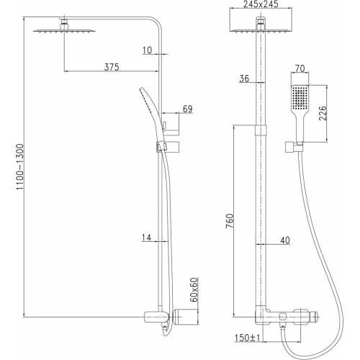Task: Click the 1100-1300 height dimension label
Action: tap(20, 167)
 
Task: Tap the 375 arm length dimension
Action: tap(112, 67)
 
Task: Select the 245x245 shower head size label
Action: tap(261, 4)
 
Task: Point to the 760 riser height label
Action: tap(230, 221)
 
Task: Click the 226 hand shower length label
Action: tap(323, 113)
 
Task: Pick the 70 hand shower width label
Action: tap(300, 68)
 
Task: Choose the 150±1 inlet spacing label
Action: tap(247, 338)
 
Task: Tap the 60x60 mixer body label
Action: tap(194, 289)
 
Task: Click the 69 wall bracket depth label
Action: tap(188, 109)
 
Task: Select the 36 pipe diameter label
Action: tap(244, 78)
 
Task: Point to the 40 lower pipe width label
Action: tap(285, 240)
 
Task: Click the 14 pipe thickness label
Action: tap(147, 238)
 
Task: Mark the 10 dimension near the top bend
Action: tap(148, 50)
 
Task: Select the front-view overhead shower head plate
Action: tap(261, 30)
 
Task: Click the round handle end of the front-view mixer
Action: tap(314, 317)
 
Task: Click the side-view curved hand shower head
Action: tap(149, 113)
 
